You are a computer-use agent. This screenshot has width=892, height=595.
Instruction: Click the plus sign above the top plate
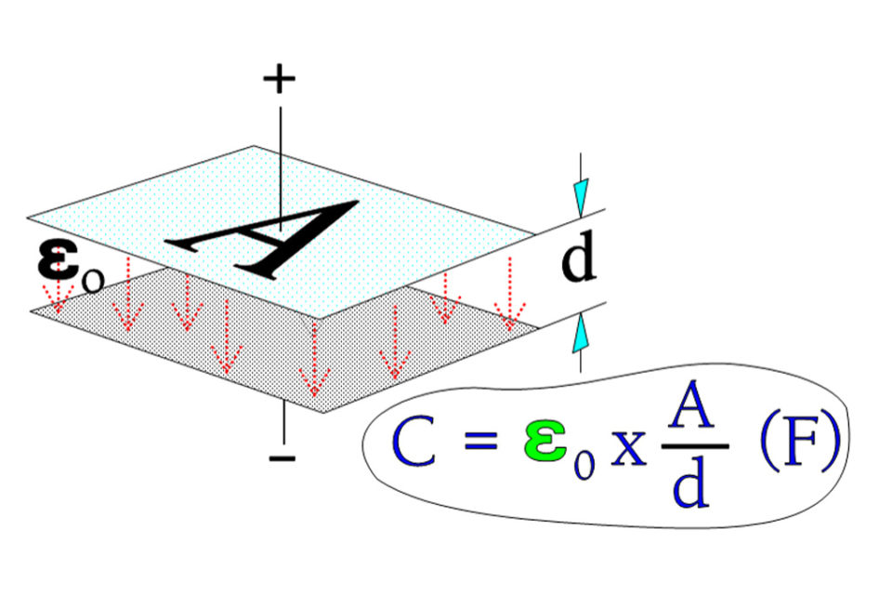(280, 79)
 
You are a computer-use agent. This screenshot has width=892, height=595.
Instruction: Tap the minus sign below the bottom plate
(282, 457)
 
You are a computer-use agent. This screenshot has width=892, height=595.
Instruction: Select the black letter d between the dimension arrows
(578, 257)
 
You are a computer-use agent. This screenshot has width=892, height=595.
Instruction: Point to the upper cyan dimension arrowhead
(580, 197)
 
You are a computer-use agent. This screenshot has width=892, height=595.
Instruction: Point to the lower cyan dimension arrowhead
(580, 333)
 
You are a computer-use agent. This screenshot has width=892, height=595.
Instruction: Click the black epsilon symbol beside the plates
(58, 259)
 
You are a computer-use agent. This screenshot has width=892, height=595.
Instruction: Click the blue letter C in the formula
(413, 442)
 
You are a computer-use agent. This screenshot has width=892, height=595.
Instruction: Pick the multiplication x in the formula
(629, 448)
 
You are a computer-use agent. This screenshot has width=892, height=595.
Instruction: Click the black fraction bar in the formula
(695, 446)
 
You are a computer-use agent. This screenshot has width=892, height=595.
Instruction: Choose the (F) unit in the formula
(800, 440)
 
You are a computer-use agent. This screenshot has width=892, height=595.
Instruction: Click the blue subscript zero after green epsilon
(584, 463)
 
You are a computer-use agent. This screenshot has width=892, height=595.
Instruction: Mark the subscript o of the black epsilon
(93, 281)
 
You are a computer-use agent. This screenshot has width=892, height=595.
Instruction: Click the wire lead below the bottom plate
(283, 422)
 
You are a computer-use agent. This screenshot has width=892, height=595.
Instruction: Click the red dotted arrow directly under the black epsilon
(58, 295)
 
